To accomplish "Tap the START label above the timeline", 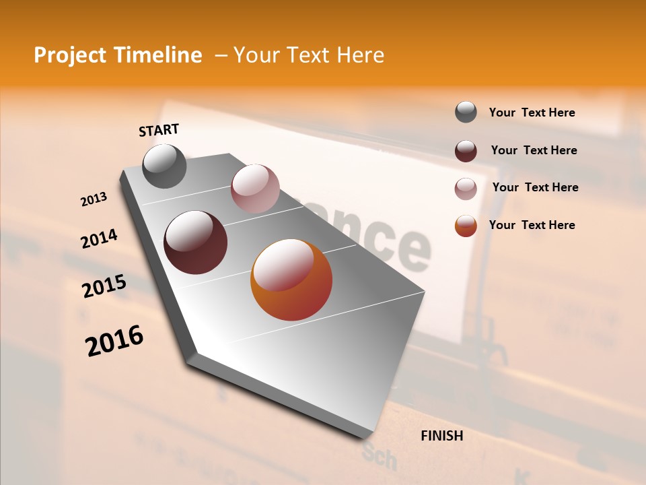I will pyautogui.click(x=159, y=130).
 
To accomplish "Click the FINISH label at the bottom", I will pyautogui.click(x=442, y=436).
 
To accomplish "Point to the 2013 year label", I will pyautogui.click(x=94, y=199).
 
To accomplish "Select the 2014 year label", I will pyautogui.click(x=99, y=239).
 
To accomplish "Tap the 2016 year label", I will pyautogui.click(x=114, y=341).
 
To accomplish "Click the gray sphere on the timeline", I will pyautogui.click(x=165, y=166).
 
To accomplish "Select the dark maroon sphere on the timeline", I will pyautogui.click(x=196, y=243).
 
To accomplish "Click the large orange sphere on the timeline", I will pyautogui.click(x=291, y=280).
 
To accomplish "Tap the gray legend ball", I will pyautogui.click(x=466, y=112).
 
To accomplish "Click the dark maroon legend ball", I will pyautogui.click(x=466, y=151).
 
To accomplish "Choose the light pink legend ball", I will pyautogui.click(x=466, y=189).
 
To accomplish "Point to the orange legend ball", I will pyautogui.click(x=466, y=226).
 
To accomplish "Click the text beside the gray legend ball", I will pyautogui.click(x=532, y=113).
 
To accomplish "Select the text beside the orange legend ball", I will pyautogui.click(x=532, y=225).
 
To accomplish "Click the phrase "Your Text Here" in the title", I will pyautogui.click(x=309, y=55).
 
